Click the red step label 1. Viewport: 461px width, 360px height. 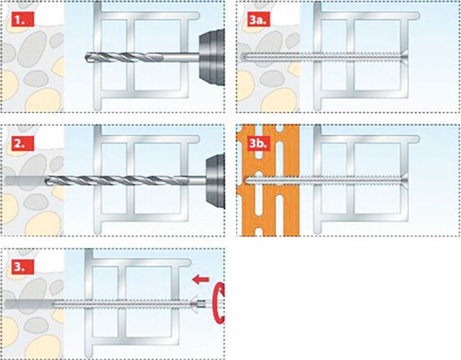click(x=23, y=20)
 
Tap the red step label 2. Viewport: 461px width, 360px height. click(x=23, y=144)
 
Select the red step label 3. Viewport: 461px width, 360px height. click(x=23, y=268)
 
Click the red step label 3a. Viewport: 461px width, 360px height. click(x=259, y=20)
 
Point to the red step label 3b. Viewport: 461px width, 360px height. click(x=259, y=144)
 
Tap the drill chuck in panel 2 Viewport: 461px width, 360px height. click(x=215, y=181)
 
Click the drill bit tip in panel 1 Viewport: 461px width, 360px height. click(x=86, y=57)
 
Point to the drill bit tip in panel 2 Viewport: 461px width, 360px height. click(x=46, y=180)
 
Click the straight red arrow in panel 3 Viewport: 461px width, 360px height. click(x=200, y=279)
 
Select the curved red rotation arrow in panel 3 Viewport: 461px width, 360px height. click(x=219, y=303)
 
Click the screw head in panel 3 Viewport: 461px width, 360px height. click(x=194, y=303)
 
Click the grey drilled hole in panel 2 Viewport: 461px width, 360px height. click(x=25, y=180)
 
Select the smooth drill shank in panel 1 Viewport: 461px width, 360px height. click(x=181, y=57)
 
